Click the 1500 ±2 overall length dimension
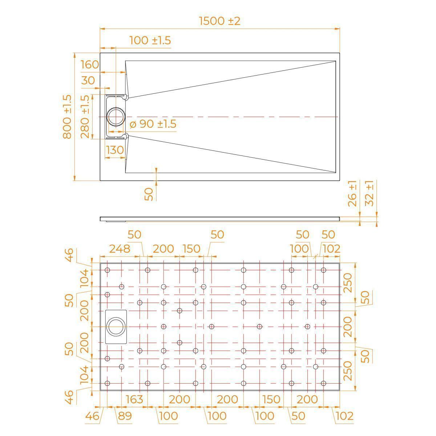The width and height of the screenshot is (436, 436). pyautogui.click(x=219, y=21)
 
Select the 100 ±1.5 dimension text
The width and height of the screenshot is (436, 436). pyautogui.click(x=150, y=40)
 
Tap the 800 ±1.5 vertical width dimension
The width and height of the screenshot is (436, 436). pyautogui.click(x=67, y=117)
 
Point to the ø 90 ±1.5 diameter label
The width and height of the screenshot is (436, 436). pyautogui.click(x=153, y=124)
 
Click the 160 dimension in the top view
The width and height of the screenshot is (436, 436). pyautogui.click(x=90, y=65)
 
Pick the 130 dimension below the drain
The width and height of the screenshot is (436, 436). pyautogui.click(x=115, y=150)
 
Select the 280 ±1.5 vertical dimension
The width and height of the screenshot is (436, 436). pyautogui.click(x=85, y=117)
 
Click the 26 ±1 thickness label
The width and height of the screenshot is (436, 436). pyautogui.click(x=352, y=194)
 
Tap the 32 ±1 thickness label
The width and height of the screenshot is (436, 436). pyautogui.click(x=369, y=193)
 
